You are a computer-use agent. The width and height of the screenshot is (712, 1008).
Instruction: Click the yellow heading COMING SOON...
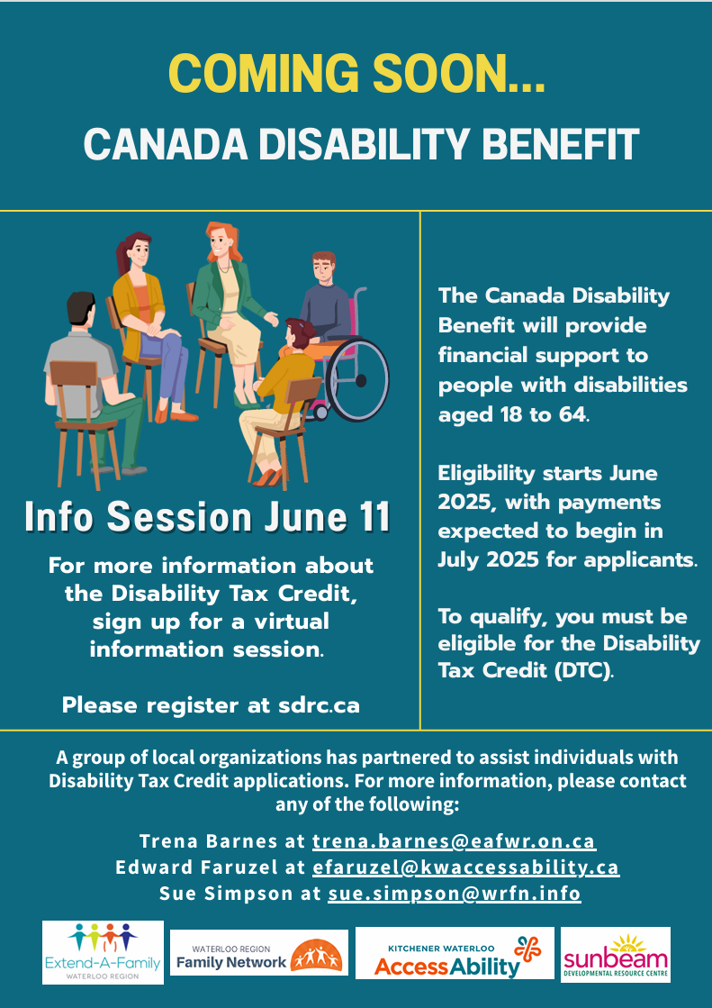click(356, 74)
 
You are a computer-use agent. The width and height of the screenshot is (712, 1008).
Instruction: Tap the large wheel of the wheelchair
click(357, 380)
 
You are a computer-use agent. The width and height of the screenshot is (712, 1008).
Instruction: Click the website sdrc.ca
click(319, 705)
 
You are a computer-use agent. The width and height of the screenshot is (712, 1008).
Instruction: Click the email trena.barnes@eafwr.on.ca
click(455, 840)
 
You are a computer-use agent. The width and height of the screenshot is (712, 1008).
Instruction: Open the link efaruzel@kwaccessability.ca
click(466, 867)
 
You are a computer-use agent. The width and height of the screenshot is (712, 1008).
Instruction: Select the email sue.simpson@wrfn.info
click(455, 893)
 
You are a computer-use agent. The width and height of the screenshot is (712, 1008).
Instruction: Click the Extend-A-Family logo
click(103, 952)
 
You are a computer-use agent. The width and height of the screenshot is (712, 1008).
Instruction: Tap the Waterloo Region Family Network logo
click(259, 952)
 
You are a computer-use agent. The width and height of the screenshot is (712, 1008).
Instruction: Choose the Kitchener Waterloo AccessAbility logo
click(455, 953)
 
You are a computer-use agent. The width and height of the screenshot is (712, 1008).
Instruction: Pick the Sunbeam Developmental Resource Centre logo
click(616, 954)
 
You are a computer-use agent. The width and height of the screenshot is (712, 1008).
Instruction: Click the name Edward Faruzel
click(196, 867)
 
